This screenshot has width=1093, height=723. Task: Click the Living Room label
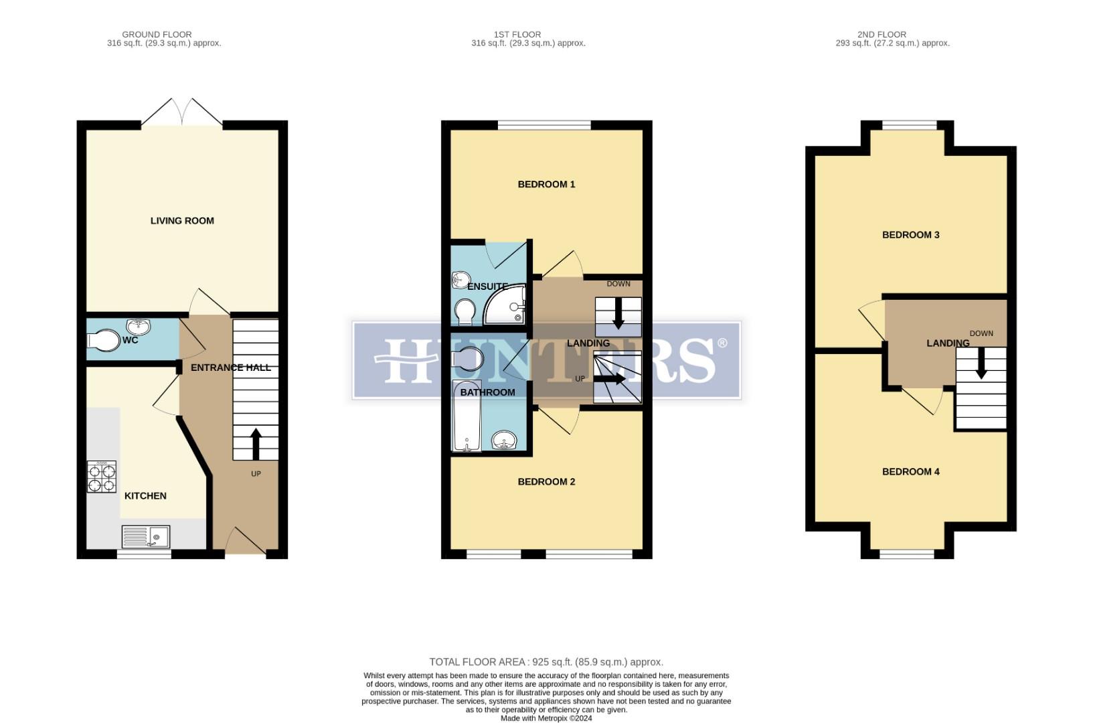[x=182, y=221]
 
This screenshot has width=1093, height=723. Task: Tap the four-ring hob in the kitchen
[x=101, y=477]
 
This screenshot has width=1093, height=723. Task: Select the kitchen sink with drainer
[x=146, y=537]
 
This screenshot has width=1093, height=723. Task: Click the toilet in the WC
[x=102, y=340]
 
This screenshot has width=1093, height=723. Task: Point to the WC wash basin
[x=139, y=327]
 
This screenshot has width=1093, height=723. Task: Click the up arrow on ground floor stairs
[x=256, y=443]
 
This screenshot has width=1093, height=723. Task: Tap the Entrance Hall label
[x=231, y=368]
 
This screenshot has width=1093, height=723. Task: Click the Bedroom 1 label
[x=546, y=184]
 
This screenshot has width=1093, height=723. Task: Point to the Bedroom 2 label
[x=546, y=482]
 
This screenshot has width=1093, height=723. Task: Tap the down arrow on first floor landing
[x=618, y=314]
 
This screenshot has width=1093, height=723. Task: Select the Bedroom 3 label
[x=910, y=235]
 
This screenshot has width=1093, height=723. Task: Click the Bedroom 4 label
[x=910, y=472]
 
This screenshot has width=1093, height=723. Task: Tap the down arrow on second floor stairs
[x=981, y=364]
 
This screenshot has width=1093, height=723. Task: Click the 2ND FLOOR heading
[x=881, y=34]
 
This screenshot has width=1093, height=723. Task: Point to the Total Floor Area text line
[x=546, y=662]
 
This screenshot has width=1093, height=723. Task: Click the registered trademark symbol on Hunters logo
[x=722, y=343]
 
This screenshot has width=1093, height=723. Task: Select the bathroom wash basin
[x=504, y=440]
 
